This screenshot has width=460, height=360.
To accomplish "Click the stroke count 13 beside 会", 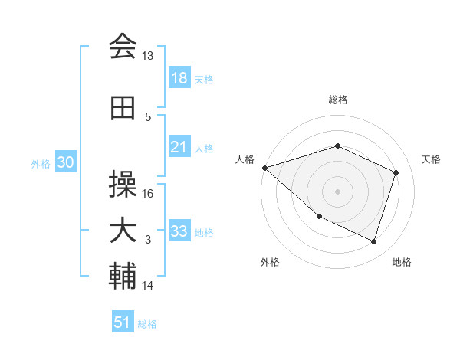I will tap(148, 56).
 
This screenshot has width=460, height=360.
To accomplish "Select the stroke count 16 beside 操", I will tap(148, 194).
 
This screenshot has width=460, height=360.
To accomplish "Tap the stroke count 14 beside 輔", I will tap(148, 286).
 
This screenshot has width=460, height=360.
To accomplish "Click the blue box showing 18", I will tap(179, 78).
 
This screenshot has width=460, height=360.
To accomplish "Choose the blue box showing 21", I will tap(179, 147).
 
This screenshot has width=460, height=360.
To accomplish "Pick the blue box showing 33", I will tap(179, 231).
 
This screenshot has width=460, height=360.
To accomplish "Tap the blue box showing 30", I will tap(65, 162).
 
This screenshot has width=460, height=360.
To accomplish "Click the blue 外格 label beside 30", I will tap(41, 163).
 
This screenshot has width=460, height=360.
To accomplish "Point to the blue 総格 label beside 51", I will tap(147, 324).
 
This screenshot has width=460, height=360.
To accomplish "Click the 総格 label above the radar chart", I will tap(338, 100).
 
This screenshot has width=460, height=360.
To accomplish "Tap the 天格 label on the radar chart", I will tap(432, 159).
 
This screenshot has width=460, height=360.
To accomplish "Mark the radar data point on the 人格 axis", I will tap(264, 167).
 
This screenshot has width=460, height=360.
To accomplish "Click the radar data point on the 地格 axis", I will tap(374, 242).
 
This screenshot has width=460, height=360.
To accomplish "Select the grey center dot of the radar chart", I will tap(338, 191).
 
